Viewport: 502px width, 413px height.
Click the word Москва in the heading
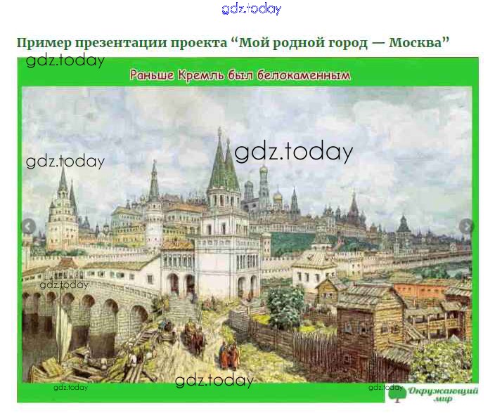415,42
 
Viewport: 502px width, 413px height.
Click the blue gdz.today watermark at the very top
251,9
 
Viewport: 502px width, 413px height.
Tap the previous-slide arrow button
28,226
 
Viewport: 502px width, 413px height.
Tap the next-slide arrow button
466,226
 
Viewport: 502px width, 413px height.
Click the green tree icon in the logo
397,393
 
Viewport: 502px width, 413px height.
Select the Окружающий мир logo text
443,395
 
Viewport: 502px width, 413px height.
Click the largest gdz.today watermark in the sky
293,152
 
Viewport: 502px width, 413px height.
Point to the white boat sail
64,329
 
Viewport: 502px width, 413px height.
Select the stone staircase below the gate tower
181,307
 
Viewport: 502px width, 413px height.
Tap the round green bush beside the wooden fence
285,303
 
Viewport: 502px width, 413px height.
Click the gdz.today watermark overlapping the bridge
64,284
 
